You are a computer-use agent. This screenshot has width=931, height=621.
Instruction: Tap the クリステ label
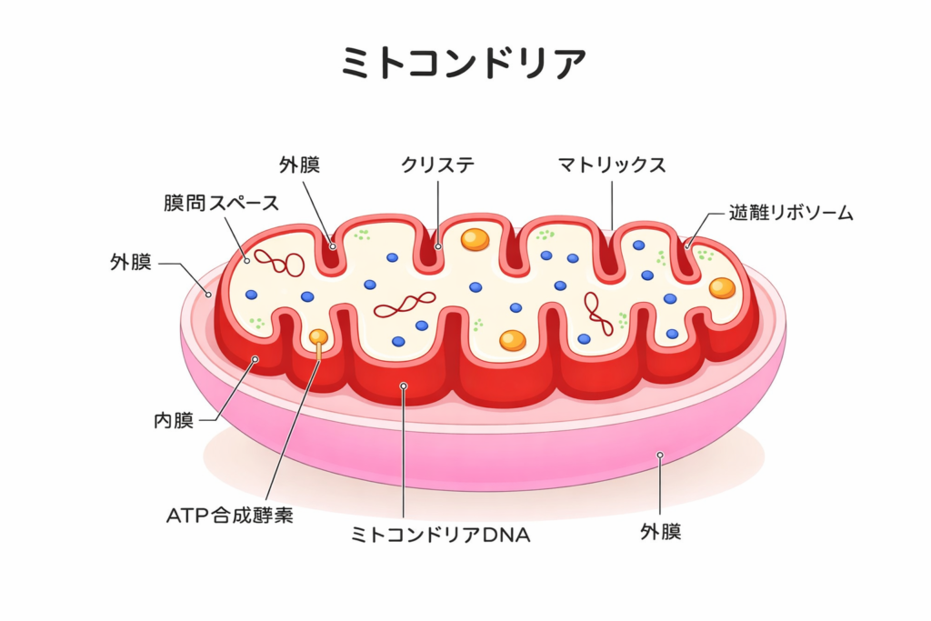pos(438,165)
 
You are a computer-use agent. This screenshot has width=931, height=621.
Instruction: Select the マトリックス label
pos(612,165)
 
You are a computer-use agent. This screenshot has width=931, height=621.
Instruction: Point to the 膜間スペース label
pos(222,203)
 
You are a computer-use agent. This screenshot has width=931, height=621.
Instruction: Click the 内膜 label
pos(173,420)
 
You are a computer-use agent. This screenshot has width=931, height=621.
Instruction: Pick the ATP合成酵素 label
pos(229,515)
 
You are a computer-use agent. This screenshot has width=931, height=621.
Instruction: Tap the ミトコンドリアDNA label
pos(440,535)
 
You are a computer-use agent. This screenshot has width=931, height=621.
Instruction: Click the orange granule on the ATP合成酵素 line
pos(318,337)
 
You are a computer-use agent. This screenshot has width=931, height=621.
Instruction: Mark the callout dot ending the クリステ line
pos(437,245)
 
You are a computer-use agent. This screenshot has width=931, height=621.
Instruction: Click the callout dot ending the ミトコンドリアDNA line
pos(403,386)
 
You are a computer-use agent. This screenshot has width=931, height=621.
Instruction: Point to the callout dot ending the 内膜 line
pos(255,359)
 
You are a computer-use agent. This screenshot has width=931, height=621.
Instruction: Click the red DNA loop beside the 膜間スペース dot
pos(279,262)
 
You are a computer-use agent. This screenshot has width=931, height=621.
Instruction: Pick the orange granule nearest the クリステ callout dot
pos(474,239)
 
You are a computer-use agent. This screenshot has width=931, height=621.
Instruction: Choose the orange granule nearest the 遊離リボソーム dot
pos(722,287)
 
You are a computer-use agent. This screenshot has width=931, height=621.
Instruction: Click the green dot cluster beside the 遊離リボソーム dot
pos(705,255)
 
